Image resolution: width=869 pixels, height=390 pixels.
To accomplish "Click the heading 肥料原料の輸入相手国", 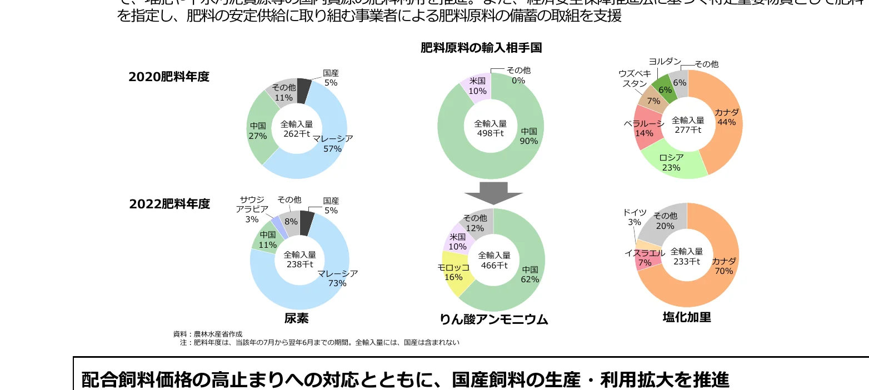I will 481,48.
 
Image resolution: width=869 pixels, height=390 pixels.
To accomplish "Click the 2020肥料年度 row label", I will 169,77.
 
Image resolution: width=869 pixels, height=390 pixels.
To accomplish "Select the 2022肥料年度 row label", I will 169,204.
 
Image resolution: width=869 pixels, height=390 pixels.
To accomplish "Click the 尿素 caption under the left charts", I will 296,318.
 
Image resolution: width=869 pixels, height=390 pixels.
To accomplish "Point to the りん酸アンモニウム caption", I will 493,319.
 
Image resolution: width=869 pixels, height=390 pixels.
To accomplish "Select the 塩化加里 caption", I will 687,317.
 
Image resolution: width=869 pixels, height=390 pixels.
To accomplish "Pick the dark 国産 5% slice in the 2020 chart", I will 303,91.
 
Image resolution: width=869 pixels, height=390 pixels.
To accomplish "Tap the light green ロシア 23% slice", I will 673,163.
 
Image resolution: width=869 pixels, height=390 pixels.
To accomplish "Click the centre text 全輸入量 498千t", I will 490,128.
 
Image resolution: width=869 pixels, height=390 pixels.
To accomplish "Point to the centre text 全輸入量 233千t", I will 687,257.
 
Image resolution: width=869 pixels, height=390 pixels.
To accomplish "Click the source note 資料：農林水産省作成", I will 208,334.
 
